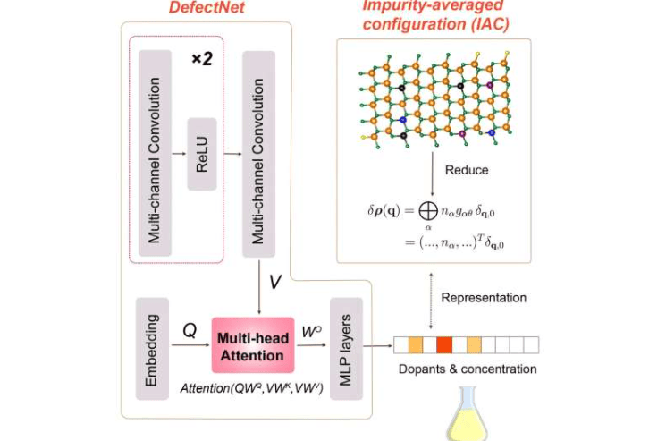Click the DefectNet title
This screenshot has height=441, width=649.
tap(206, 8)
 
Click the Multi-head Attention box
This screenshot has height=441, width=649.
tap(252, 344)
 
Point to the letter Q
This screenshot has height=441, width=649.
tap(190, 329)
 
